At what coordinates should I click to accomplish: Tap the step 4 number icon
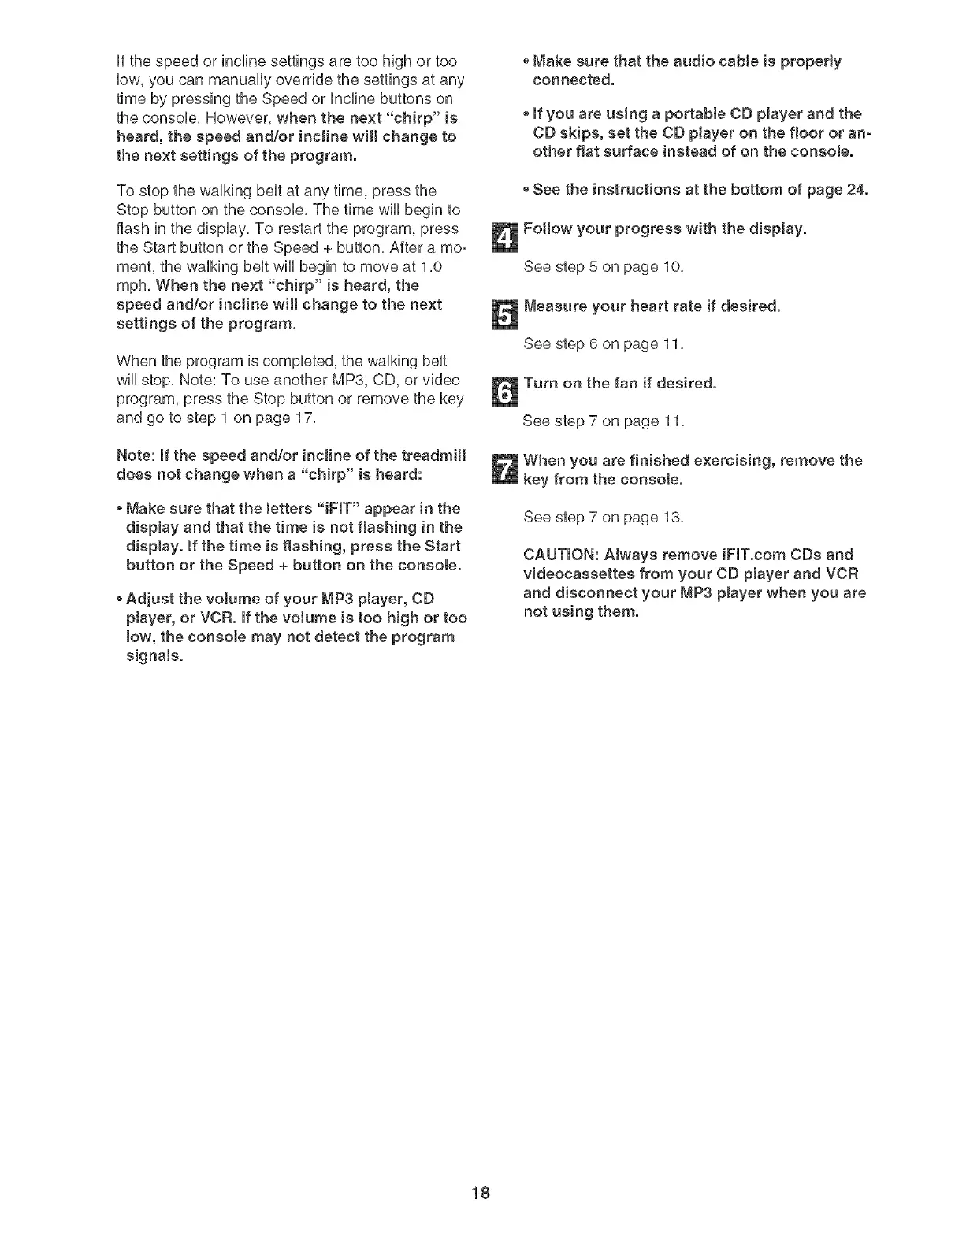coord(502,236)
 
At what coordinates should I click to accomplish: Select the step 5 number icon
coord(502,314)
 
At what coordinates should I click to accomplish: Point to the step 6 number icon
coord(502,391)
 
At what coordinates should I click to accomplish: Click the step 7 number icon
coord(502,470)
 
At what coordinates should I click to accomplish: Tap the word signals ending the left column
coord(154,655)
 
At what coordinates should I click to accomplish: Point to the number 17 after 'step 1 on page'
coord(305,418)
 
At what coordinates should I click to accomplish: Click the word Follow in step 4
coord(547,228)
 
